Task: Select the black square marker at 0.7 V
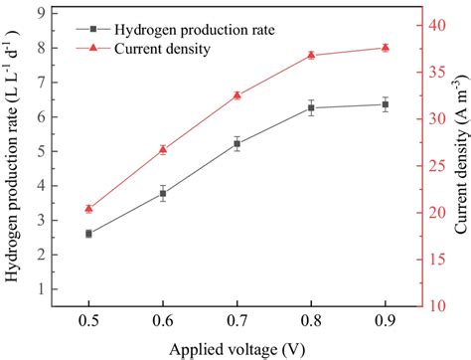236,143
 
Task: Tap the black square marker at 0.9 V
385,104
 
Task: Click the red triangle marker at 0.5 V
88,209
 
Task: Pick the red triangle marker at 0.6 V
163,149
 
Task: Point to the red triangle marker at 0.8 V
311,55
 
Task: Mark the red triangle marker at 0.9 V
385,48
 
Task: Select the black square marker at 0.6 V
163,193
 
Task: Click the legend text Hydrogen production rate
188,29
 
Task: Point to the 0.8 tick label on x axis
311,321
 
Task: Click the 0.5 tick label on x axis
88,321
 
